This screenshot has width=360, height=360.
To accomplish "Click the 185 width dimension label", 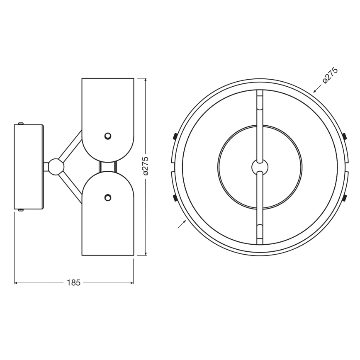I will (73, 283).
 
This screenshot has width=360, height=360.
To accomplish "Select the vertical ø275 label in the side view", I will (145, 166).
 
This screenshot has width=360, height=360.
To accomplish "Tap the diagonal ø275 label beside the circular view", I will (330, 75).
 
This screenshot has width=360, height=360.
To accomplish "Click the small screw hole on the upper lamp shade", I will (108, 136).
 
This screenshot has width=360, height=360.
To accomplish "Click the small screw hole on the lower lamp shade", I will (108, 197).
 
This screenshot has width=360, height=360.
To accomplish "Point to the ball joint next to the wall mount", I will (56, 167).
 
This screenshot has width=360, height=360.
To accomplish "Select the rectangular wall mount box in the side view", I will (29, 167).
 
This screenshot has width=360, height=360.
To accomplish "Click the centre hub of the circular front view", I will (260, 167).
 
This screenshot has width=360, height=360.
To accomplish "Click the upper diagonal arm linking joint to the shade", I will (71, 146).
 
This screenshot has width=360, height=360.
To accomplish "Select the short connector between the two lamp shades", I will (108, 167).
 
